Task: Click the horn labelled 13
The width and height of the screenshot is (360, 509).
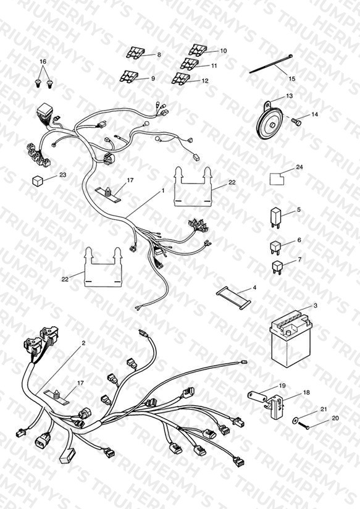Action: coord(269,122)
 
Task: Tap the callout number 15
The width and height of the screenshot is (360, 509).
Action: coord(292,78)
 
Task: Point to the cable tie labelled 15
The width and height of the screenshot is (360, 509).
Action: coord(271,64)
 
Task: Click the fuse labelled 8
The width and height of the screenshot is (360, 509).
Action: coord(135,53)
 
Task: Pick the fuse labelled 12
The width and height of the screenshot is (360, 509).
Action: coord(181,78)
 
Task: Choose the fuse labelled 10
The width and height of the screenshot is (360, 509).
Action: coord(198,49)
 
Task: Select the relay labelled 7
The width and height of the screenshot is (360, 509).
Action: coord(277,267)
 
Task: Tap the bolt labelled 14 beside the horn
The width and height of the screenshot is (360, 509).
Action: coord(296,122)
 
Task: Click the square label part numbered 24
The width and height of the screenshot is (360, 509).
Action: coord(277,179)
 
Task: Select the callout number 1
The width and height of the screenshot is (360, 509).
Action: coord(163,190)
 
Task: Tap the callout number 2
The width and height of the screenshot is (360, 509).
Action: coord(83,343)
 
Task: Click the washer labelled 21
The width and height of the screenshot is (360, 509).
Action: coord(295,421)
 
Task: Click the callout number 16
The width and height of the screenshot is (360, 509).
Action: coord(43,61)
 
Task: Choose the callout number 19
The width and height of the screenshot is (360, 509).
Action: coord(282,385)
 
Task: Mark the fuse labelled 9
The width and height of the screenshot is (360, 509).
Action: coord(129,76)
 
